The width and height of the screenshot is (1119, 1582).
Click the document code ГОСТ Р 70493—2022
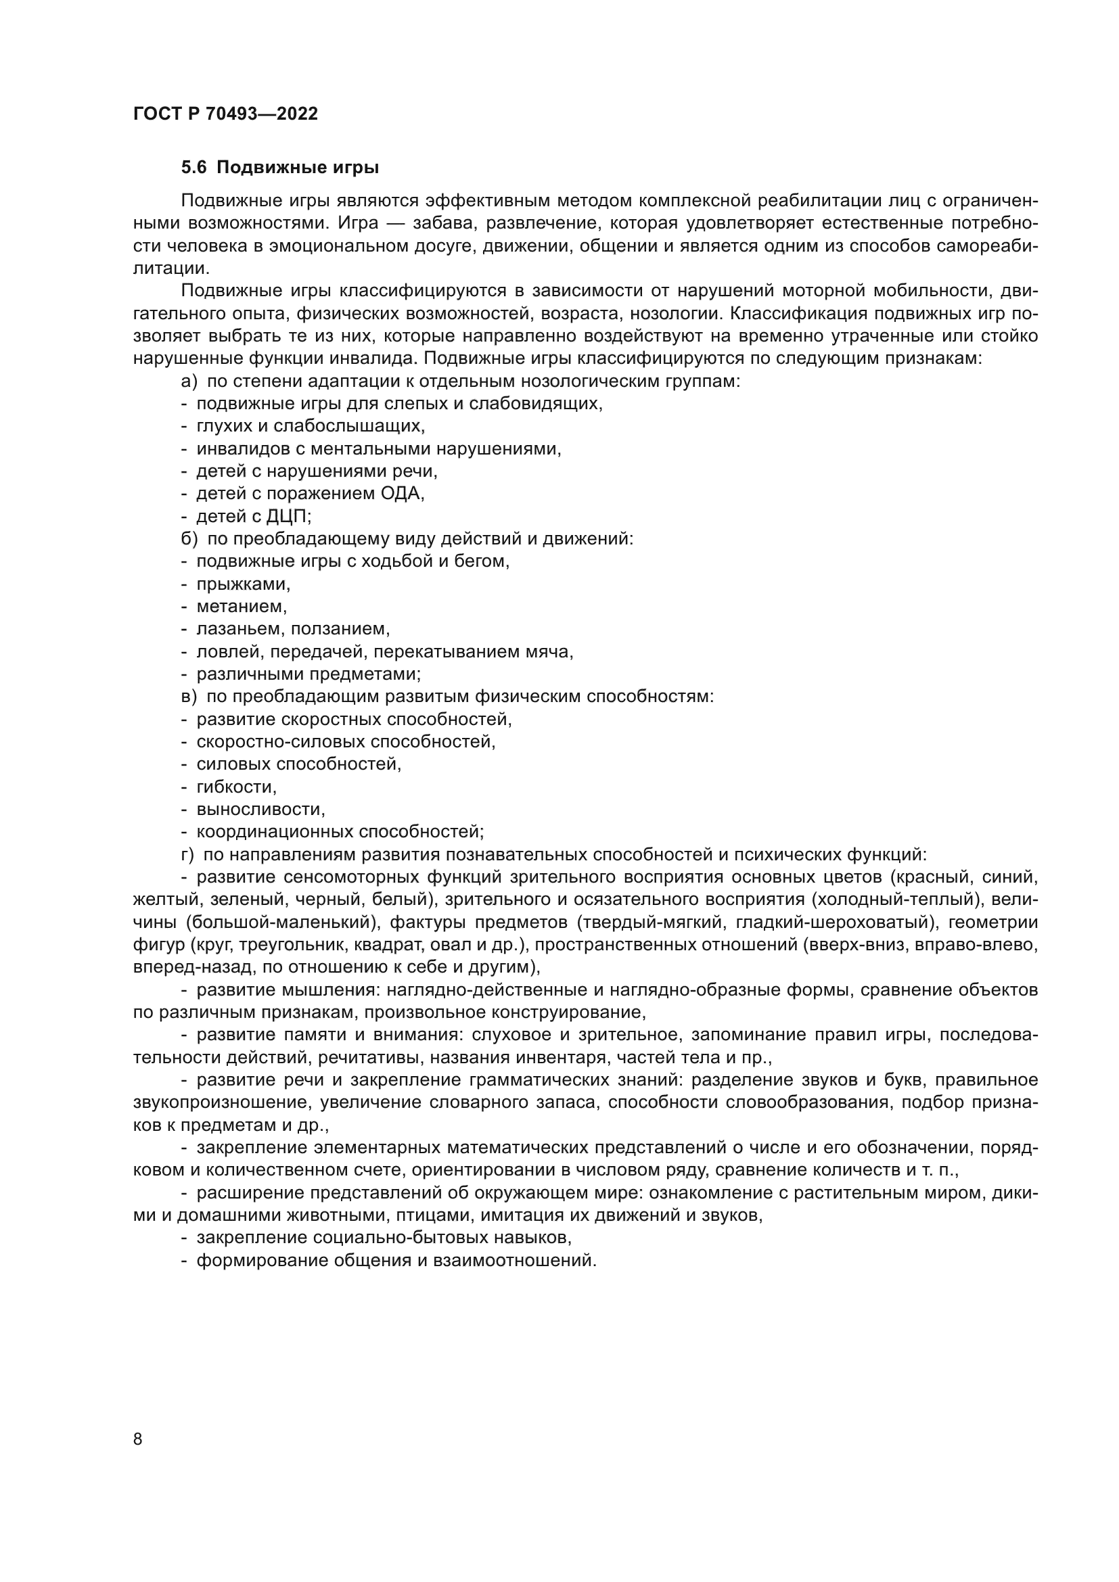[x=225, y=114]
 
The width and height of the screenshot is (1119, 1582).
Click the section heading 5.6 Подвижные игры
[x=280, y=168]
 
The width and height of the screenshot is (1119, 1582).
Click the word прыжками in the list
[x=243, y=584]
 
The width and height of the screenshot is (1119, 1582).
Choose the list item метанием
[x=240, y=606]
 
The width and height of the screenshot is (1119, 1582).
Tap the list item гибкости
[x=235, y=787]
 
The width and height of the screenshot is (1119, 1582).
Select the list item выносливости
[x=260, y=809]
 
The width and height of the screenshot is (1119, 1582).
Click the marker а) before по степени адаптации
[x=189, y=381]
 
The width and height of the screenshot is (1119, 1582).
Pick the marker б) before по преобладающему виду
[x=189, y=539]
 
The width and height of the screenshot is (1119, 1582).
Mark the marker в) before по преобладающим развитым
[x=189, y=697]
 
